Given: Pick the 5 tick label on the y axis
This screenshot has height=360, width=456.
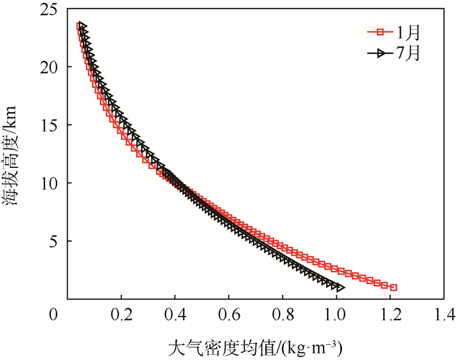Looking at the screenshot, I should coord(53,241).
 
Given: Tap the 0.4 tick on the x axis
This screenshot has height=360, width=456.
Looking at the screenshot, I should coord(175,316).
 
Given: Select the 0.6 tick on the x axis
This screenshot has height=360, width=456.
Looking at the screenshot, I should coord(229,316).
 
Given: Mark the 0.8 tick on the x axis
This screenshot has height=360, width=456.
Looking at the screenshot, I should coord(282,316).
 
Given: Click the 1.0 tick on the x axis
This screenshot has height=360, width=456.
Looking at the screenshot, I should coord(336,316).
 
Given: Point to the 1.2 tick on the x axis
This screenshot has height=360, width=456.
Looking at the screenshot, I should coord(390,316).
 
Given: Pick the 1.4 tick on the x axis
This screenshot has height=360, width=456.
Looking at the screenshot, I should coord(444,316).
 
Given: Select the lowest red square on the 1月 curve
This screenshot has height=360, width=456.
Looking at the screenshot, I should coord(393,287).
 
